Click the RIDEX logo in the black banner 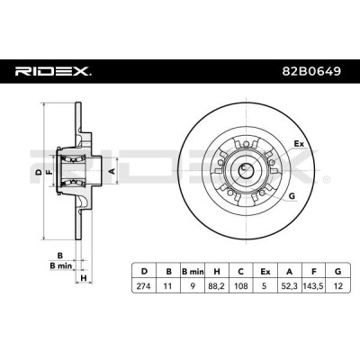(53, 71)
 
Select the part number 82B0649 (311, 71)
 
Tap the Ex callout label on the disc (299, 144)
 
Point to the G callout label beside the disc (292, 196)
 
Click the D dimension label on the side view (38, 172)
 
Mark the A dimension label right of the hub (112, 171)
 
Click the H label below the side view (84, 278)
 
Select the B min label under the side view (61, 265)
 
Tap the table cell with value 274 (144, 286)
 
